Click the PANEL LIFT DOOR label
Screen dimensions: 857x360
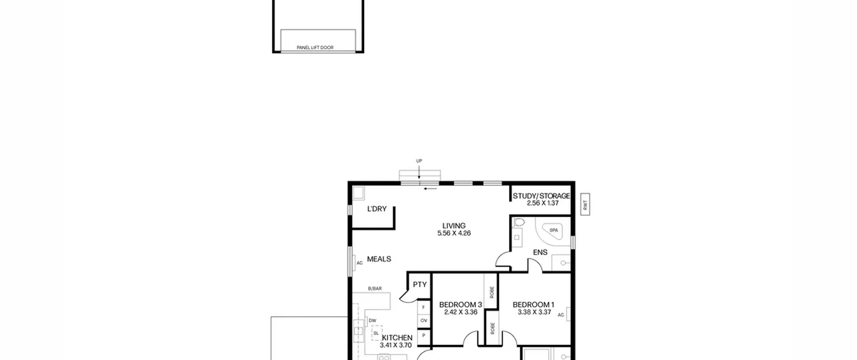pyautogui.click(x=315, y=48)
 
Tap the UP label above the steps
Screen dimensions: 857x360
pyautogui.click(x=419, y=161)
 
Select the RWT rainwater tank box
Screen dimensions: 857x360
pyautogui.click(x=585, y=204)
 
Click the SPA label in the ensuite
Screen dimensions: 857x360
pyautogui.click(x=554, y=230)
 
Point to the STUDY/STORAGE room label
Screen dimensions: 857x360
pyautogui.click(x=541, y=196)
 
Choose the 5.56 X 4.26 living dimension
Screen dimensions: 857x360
pyautogui.click(x=454, y=233)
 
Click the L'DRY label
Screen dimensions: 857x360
pyautogui.click(x=377, y=209)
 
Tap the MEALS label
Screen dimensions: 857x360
pyautogui.click(x=379, y=259)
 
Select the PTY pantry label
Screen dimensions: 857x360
pyautogui.click(x=420, y=285)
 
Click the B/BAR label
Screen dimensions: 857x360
pyautogui.click(x=375, y=289)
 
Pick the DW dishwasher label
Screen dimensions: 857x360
pyautogui.click(x=373, y=320)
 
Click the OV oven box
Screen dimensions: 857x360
pyautogui.click(x=424, y=321)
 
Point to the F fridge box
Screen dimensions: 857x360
pyautogui.click(x=424, y=307)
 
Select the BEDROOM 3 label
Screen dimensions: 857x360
pyautogui.click(x=461, y=305)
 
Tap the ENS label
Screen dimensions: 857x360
pyautogui.click(x=540, y=253)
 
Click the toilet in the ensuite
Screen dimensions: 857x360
pyautogui.click(x=519, y=222)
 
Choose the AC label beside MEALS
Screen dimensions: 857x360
pyautogui.click(x=360, y=263)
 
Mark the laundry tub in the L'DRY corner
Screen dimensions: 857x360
pyautogui.click(x=358, y=193)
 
